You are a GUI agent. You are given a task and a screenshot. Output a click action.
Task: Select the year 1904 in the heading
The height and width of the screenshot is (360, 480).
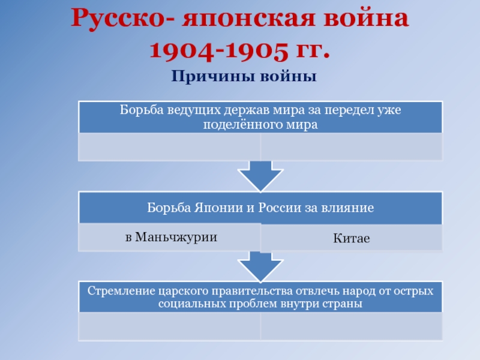[182, 50]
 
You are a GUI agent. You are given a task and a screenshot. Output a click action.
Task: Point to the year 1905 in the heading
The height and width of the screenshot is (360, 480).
[257, 50]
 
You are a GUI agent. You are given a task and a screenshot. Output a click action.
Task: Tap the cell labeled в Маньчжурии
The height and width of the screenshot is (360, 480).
[170, 237]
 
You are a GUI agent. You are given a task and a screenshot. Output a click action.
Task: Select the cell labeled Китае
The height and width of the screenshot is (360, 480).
[352, 238]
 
